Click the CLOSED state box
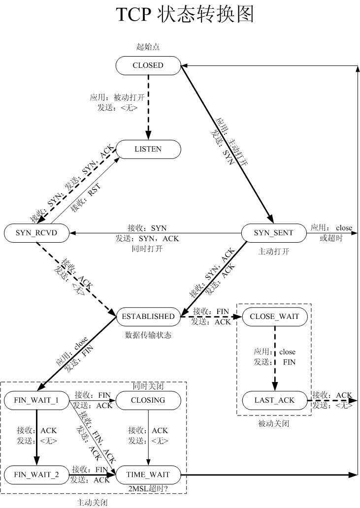[x=148, y=65]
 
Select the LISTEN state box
[x=148, y=149]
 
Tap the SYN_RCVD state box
[x=36, y=233]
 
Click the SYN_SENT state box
[x=273, y=233]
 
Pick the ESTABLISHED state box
[x=148, y=317]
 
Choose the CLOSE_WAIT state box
[x=275, y=317]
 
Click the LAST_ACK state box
[x=275, y=400]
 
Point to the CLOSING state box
[x=148, y=400]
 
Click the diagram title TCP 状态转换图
[x=185, y=15]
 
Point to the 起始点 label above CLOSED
[x=148, y=47]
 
